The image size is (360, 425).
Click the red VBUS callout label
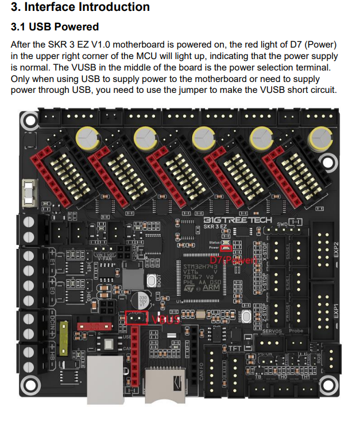165,319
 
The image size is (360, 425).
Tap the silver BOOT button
152,280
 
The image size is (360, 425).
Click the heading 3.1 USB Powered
55,27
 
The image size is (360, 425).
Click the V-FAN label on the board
104,259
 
